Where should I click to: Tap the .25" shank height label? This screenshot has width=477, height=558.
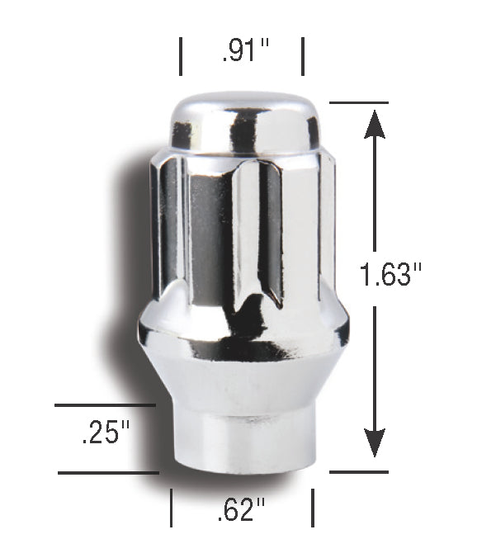click(x=106, y=433)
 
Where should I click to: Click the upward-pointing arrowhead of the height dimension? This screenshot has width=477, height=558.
click(x=375, y=124)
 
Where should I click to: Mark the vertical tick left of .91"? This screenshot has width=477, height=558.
click(x=182, y=55)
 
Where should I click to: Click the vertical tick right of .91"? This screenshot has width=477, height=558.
click(x=303, y=55)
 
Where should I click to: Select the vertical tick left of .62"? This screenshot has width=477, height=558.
click(x=171, y=507)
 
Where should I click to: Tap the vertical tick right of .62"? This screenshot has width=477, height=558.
click(x=312, y=507)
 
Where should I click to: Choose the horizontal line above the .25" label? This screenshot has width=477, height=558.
click(x=105, y=405)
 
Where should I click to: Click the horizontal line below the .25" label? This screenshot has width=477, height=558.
click(x=108, y=473)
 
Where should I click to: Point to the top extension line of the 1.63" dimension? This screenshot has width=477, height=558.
click(x=358, y=102)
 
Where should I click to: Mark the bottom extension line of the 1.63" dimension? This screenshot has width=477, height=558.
click(x=358, y=472)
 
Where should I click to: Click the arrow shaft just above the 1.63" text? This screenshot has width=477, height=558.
click(x=375, y=198)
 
